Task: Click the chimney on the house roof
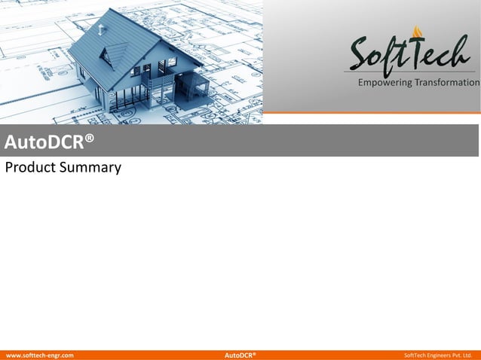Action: pyautogui.click(x=100, y=29)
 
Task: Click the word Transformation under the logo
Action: pyautogui.click(x=448, y=82)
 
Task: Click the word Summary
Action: pyautogui.click(x=92, y=168)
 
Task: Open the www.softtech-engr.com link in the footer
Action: pyautogui.click(x=40, y=355)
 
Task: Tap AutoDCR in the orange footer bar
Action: pyautogui.click(x=240, y=355)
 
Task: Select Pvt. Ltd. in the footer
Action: pyautogui.click(x=464, y=355)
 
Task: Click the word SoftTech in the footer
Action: pyautogui.click(x=415, y=355)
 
